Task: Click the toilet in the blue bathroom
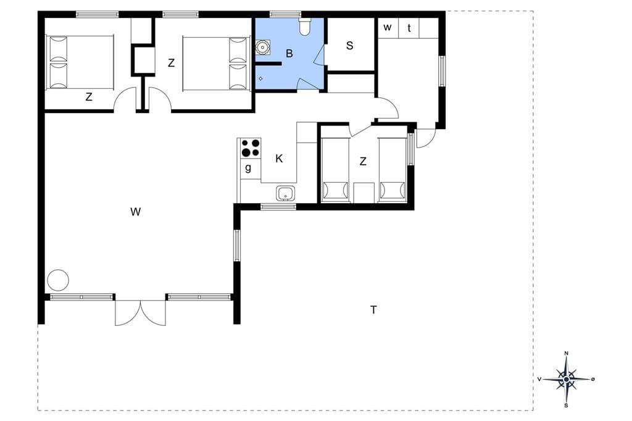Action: point(305,26)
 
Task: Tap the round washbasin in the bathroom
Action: point(263,47)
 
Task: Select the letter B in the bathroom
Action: point(289,53)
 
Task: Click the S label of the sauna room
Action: point(349,46)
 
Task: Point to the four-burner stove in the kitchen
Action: point(251,148)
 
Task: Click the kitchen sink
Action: point(286,193)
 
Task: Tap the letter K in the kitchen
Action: point(279,159)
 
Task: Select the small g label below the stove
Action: point(248,167)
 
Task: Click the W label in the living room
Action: point(135,211)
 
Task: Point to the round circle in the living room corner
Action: point(58,280)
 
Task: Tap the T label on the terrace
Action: point(373,310)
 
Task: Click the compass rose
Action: point(567,379)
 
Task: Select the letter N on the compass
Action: point(567,353)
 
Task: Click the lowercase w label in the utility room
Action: point(388,27)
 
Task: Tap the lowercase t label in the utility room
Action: point(409,28)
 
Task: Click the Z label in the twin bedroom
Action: point(363,161)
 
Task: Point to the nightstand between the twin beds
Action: point(364,193)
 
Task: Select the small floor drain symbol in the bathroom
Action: point(261,78)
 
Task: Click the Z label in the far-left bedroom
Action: point(89,97)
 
